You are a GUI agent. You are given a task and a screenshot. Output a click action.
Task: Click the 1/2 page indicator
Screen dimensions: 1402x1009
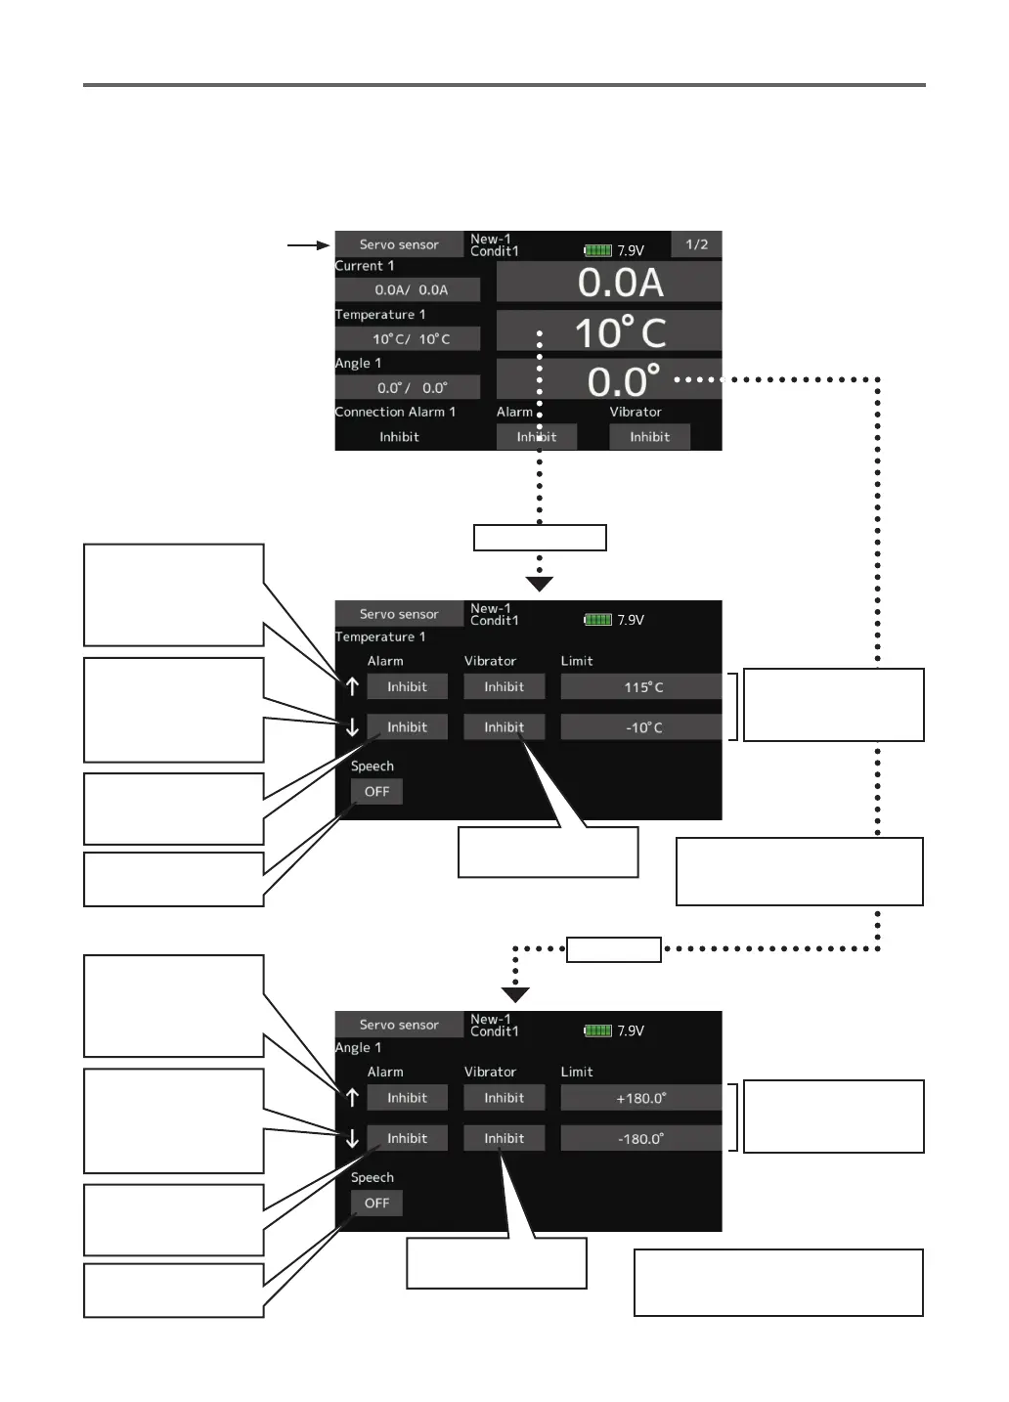(696, 244)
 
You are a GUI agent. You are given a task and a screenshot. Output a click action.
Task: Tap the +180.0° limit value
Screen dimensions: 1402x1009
(641, 1098)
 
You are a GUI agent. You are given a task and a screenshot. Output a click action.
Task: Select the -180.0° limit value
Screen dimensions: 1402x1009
(641, 1138)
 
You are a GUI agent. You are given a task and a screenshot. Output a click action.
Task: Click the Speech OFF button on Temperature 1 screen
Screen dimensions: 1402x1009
(376, 792)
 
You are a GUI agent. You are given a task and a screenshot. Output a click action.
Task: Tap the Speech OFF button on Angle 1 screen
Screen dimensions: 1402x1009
(376, 1204)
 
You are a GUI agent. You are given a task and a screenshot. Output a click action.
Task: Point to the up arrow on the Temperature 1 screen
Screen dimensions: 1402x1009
(352, 686)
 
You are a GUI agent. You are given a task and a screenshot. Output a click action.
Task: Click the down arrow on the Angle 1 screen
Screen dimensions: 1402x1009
(352, 1139)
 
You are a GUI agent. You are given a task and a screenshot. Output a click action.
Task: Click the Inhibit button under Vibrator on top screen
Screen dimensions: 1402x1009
(649, 437)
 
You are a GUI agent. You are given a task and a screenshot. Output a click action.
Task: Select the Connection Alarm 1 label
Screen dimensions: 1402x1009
(395, 412)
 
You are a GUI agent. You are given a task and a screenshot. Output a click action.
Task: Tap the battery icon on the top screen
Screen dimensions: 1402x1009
(597, 250)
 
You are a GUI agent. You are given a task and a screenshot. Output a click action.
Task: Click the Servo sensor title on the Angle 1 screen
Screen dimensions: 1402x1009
(399, 1025)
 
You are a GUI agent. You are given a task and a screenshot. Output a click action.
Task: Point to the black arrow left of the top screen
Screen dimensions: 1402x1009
(309, 244)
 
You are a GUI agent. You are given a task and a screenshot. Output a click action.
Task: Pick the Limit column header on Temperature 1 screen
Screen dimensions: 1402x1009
(577, 661)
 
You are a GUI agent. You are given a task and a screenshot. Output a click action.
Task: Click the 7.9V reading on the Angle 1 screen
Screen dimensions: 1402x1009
(631, 1031)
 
